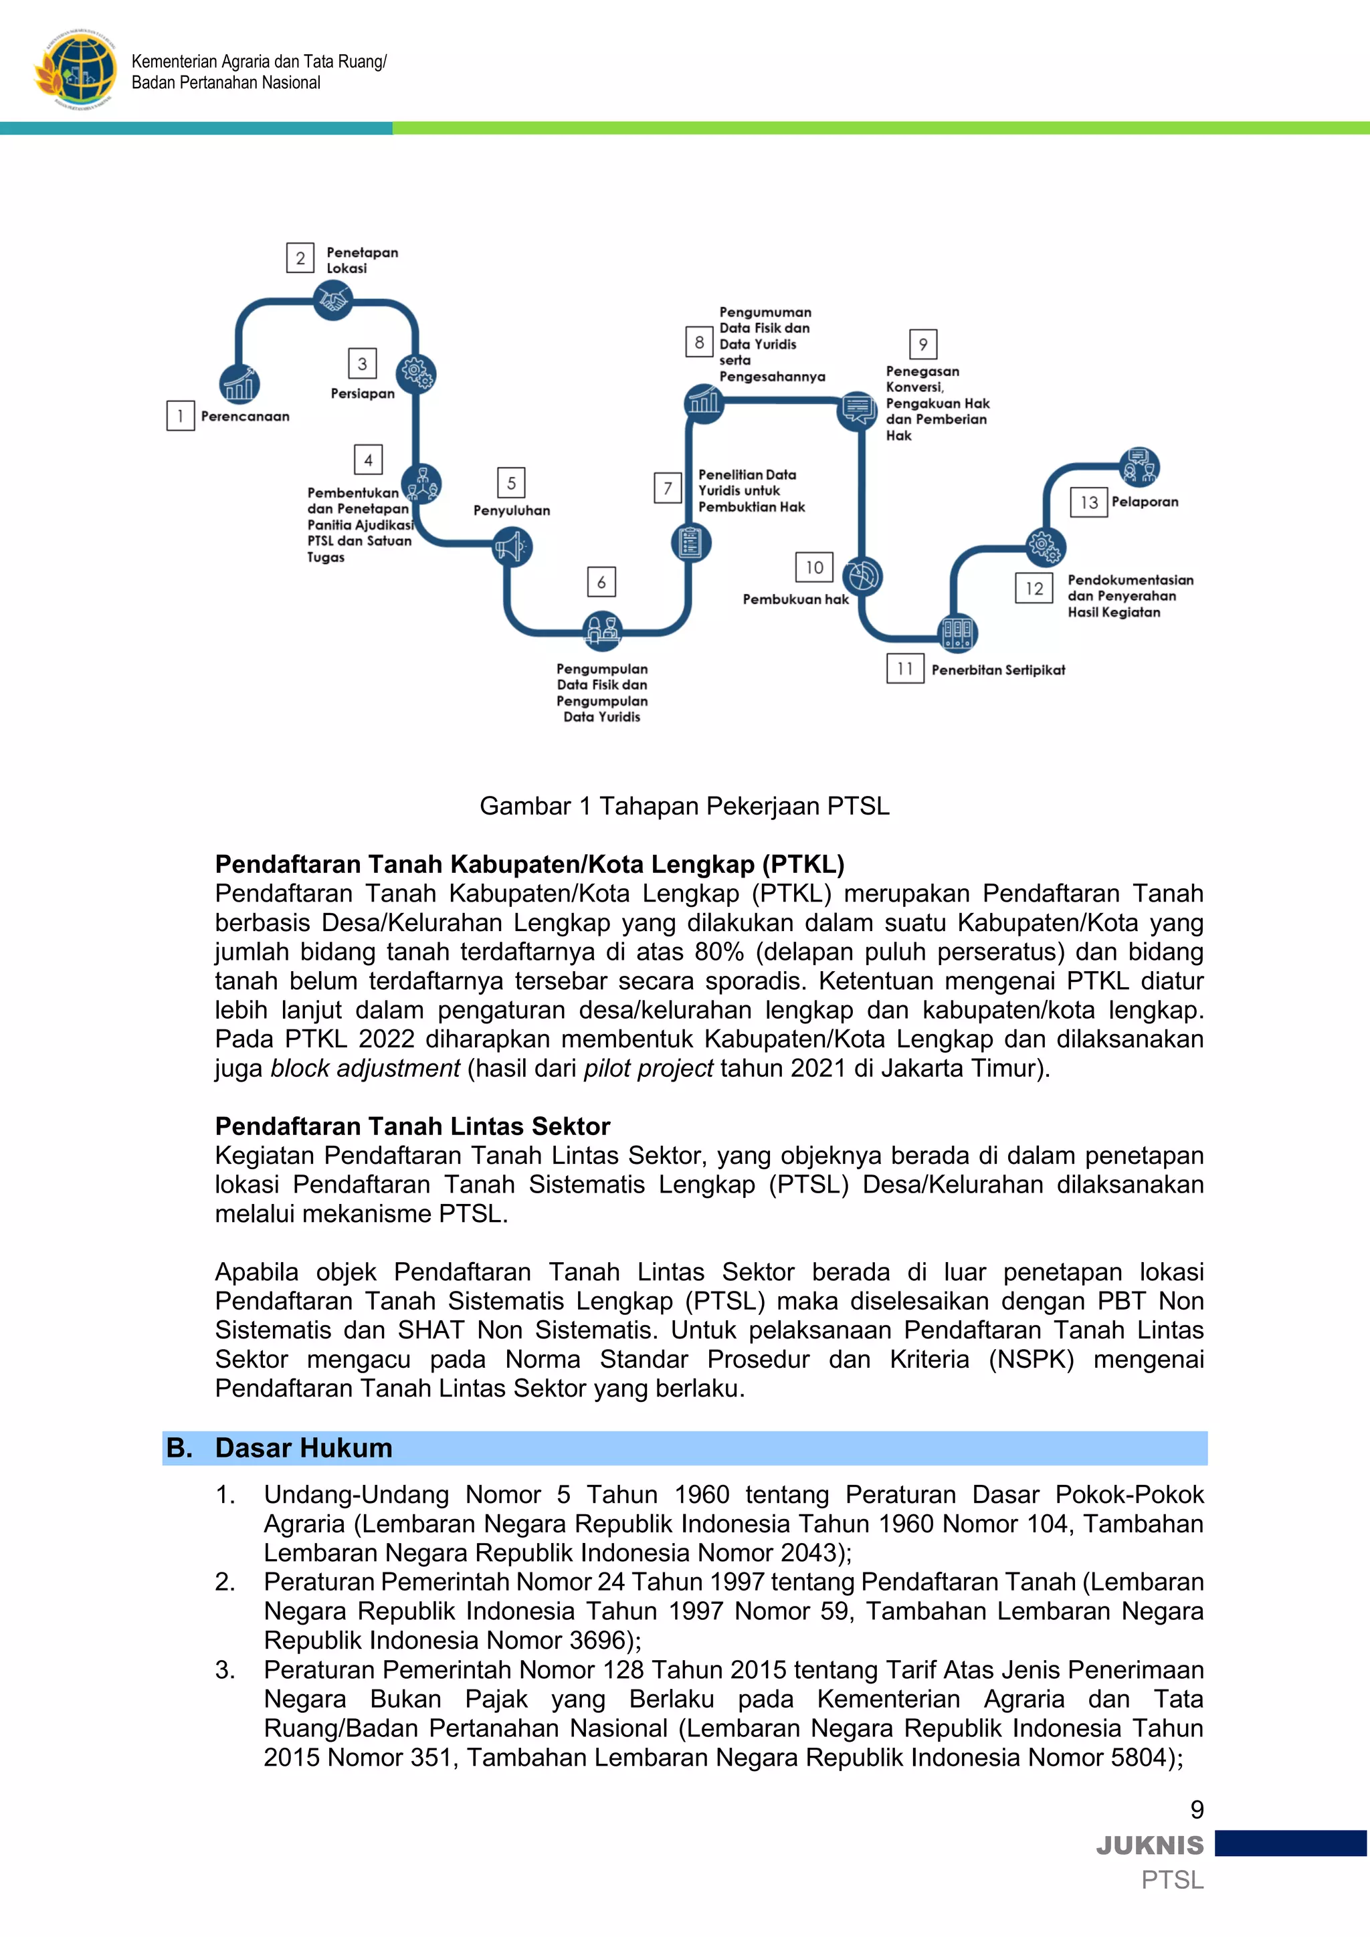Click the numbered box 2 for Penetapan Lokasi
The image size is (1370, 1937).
coord(300,258)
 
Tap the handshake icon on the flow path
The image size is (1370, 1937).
coord(332,300)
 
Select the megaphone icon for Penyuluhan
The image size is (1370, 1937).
coord(511,546)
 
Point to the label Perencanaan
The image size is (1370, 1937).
coord(245,416)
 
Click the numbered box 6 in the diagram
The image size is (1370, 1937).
coord(601,581)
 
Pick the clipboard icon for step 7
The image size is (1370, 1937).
coord(690,542)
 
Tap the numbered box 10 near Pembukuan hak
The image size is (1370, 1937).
coord(814,567)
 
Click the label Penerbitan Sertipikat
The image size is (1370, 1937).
coord(997,670)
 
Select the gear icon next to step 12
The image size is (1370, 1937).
coord(1045,546)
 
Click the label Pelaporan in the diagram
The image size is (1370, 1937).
coord(1144,502)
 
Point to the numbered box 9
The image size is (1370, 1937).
coord(923,344)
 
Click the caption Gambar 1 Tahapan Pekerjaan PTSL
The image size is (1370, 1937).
coord(684,806)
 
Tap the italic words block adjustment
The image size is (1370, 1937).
coord(365,1068)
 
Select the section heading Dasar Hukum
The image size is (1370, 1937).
coord(303,1447)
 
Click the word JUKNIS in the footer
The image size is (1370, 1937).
coord(1150,1845)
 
